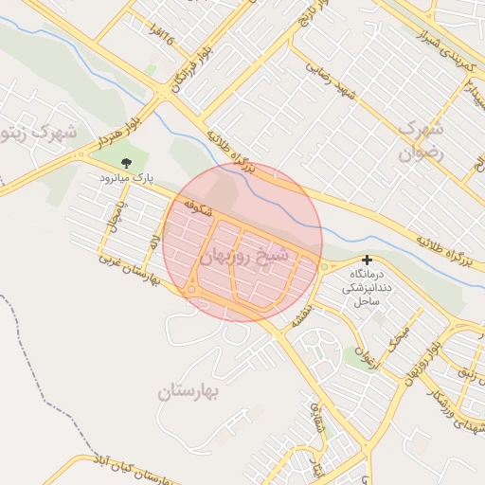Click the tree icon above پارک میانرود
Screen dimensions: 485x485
pos(127,164)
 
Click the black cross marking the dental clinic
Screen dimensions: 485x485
pos(367,260)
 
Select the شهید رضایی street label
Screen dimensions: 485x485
pos(330,85)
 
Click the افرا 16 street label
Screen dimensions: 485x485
pos(158,36)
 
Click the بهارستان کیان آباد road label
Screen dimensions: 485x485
pos(142,469)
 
